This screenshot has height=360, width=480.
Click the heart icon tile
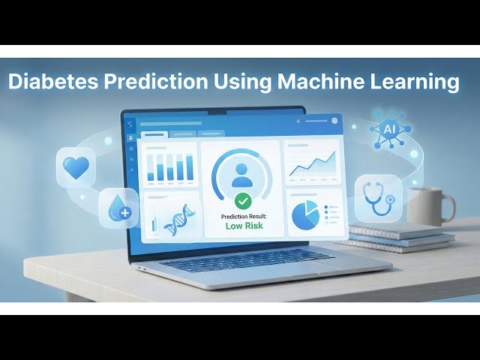[76, 167]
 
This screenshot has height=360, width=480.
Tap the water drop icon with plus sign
[118, 207]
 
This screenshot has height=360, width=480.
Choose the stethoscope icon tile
[377, 197]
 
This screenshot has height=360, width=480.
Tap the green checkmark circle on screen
[243, 201]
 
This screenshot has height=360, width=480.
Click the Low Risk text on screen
[243, 226]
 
